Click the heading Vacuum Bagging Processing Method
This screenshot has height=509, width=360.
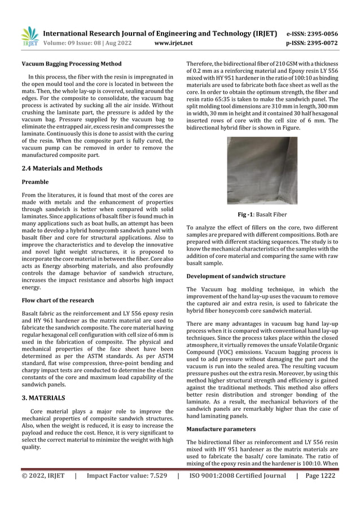tap(68, 65)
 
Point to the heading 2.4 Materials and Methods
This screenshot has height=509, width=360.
tap(62, 168)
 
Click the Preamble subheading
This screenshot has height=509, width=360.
tap(35, 182)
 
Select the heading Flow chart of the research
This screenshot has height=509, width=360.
tap(58, 300)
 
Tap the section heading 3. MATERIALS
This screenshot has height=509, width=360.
tap(43, 398)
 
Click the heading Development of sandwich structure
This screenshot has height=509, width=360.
tap(236, 276)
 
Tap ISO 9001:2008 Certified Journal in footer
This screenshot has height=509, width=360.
tap(237, 476)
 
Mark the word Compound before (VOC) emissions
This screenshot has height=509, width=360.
tap(203, 353)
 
